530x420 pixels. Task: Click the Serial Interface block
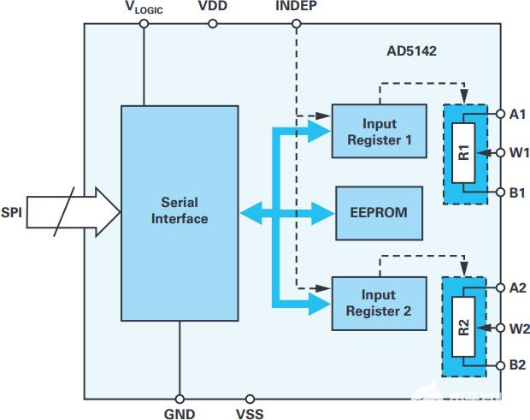(x=180, y=211)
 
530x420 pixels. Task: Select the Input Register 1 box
(x=379, y=131)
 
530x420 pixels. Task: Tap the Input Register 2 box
(x=379, y=304)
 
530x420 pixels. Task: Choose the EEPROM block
(x=379, y=212)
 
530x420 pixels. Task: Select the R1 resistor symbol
(x=463, y=155)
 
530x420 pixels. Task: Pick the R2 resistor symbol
(x=462, y=327)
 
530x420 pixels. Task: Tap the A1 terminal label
(x=517, y=114)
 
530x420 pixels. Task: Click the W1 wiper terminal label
(x=518, y=154)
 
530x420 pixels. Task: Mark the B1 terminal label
(x=517, y=193)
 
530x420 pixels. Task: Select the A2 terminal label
(x=517, y=287)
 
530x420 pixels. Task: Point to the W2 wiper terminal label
(x=518, y=328)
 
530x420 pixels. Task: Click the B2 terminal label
(x=517, y=365)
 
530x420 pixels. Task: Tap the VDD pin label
(x=213, y=8)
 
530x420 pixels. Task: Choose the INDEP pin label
(x=296, y=8)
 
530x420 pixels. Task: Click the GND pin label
(x=180, y=414)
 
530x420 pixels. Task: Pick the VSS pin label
(x=250, y=414)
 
